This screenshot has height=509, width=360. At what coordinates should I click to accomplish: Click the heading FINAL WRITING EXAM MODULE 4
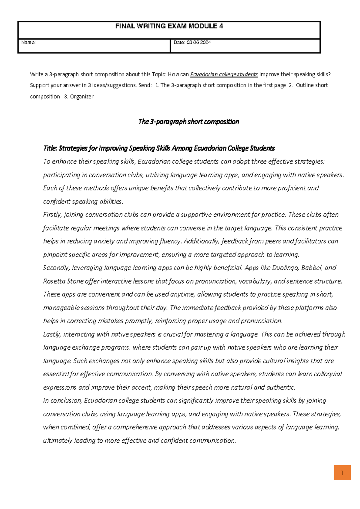169,26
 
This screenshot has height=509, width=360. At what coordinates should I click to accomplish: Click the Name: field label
28,43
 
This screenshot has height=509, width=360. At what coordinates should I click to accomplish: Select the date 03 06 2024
199,43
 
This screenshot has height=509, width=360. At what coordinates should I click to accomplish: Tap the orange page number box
342,473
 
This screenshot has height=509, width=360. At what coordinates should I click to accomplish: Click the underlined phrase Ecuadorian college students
224,74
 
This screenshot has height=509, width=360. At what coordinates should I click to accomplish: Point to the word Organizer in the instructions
82,97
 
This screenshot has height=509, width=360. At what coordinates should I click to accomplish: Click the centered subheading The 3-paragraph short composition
188,122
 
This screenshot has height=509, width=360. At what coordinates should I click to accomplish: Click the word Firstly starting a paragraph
52,215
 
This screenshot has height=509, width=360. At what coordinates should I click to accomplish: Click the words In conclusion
62,401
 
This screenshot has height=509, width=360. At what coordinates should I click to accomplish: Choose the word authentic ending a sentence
280,387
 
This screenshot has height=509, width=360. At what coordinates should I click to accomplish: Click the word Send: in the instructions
145,86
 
